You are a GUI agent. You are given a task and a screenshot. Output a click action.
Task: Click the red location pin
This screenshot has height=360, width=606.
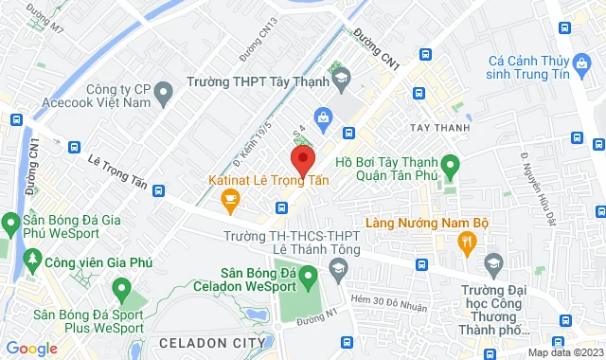[302, 157]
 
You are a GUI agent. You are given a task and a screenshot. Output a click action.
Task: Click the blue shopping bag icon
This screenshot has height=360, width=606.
[324, 117]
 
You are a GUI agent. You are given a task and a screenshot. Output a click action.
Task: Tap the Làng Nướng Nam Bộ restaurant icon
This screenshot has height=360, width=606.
[466, 243]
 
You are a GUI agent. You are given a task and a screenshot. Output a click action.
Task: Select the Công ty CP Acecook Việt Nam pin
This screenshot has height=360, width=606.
[163, 93]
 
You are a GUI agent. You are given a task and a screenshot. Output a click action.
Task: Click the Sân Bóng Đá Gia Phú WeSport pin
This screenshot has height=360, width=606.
[11, 224]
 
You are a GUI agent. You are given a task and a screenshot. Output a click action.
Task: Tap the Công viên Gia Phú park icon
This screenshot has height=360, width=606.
[34, 259]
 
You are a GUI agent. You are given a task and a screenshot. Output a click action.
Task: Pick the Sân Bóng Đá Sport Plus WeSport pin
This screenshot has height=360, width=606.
[120, 287]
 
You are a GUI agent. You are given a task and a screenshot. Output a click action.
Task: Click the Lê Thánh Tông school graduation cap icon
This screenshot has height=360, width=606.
[337, 272]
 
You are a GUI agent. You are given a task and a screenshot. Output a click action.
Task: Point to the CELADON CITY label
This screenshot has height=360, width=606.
[205, 342]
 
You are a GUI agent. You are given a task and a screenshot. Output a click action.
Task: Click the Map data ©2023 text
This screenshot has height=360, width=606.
[563, 353]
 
